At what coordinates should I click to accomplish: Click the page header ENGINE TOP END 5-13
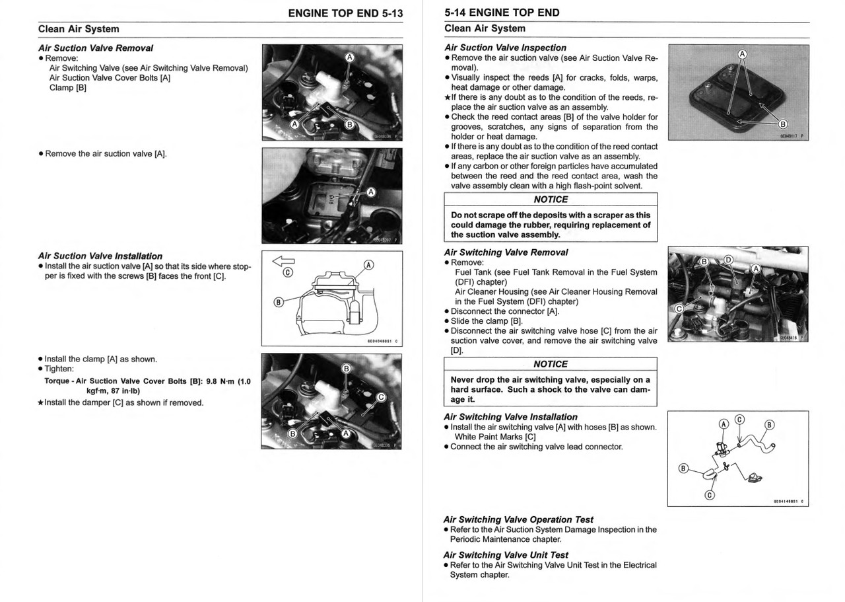click(345, 13)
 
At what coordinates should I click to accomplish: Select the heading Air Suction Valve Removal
click(96, 48)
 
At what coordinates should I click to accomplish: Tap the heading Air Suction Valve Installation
click(100, 256)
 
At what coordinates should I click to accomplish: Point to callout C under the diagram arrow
click(288, 272)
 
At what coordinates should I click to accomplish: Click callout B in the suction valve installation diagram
click(279, 303)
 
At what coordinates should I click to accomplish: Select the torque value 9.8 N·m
click(220, 381)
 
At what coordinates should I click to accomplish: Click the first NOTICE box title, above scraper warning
click(551, 200)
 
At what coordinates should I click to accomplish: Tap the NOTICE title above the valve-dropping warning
click(551, 364)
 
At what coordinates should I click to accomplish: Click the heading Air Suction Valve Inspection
click(505, 48)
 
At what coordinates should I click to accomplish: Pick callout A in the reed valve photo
click(742, 54)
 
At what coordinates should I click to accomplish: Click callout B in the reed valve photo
click(783, 124)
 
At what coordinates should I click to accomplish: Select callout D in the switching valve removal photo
click(728, 259)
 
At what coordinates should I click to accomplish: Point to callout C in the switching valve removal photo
click(678, 309)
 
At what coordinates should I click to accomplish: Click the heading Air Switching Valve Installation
click(510, 417)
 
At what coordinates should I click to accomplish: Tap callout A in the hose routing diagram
click(724, 424)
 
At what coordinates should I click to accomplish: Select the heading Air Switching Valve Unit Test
click(506, 555)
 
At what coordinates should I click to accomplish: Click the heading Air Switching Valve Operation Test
click(518, 519)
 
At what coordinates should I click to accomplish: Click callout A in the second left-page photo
click(371, 192)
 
